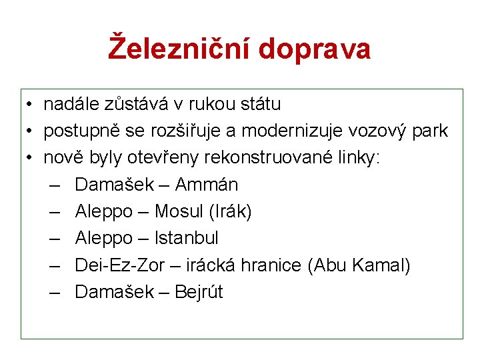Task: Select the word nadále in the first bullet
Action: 71,104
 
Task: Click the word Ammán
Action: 207,185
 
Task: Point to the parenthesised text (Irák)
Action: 230,211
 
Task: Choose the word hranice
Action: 275,265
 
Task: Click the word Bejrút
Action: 199,292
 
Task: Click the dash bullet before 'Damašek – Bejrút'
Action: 55,292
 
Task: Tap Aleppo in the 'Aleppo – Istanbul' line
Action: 104,238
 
